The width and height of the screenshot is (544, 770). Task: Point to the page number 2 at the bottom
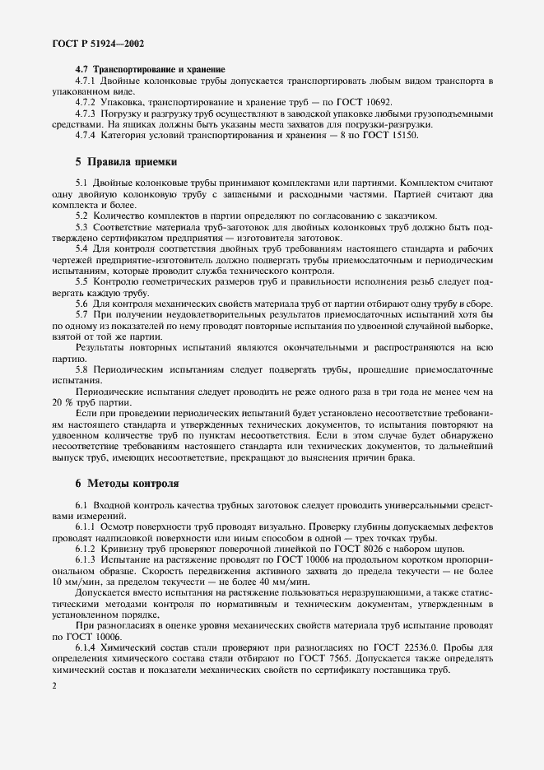coord(54,684)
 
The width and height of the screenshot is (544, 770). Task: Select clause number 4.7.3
coord(89,113)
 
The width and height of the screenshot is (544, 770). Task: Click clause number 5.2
coord(82,216)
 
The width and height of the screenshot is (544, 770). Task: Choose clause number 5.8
coord(82,369)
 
